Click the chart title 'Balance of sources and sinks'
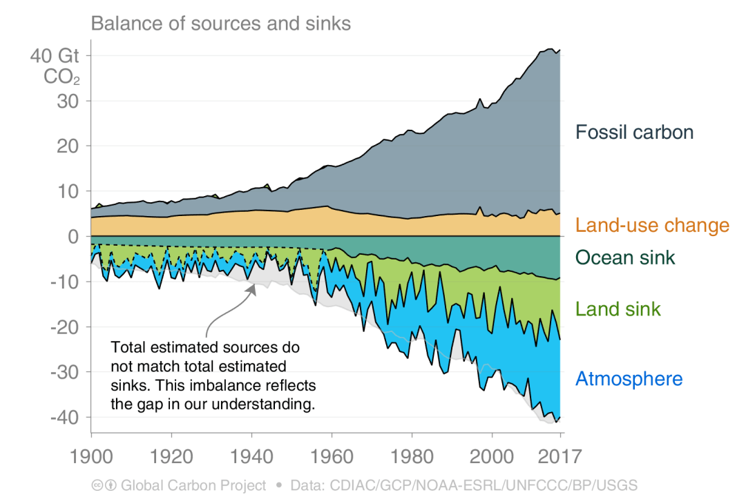221,23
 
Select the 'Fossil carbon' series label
634,132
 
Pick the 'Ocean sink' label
625,257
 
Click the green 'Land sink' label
618,309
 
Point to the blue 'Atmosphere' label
629,378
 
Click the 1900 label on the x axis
91,456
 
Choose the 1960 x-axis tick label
332,456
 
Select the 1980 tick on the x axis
412,456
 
